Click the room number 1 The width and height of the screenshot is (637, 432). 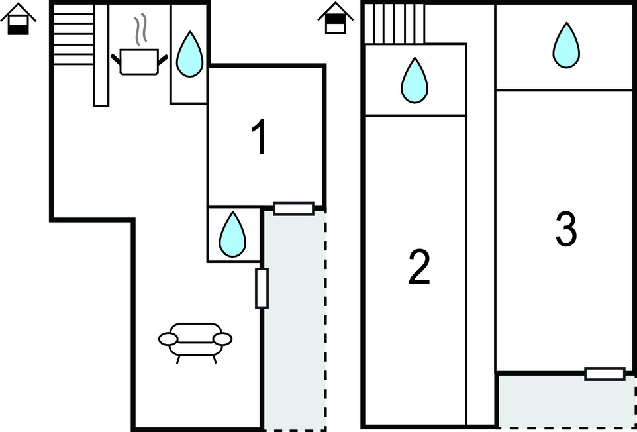click(261, 138)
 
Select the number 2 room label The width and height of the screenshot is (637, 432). click(418, 267)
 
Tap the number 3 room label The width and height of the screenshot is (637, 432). click(565, 229)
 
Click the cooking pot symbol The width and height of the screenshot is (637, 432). click(139, 62)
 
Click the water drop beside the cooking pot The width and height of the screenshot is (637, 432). click(190, 54)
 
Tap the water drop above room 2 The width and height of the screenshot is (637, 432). click(415, 80)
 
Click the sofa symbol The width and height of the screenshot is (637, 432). click(195, 340)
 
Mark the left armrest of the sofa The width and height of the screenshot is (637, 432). click(168, 339)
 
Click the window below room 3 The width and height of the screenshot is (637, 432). click(605, 374)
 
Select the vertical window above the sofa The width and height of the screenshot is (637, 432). click(262, 288)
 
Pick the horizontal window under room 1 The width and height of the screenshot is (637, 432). click(293, 209)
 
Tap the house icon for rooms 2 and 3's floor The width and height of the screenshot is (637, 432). click(336, 18)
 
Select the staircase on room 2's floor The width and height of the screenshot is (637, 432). click(394, 23)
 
